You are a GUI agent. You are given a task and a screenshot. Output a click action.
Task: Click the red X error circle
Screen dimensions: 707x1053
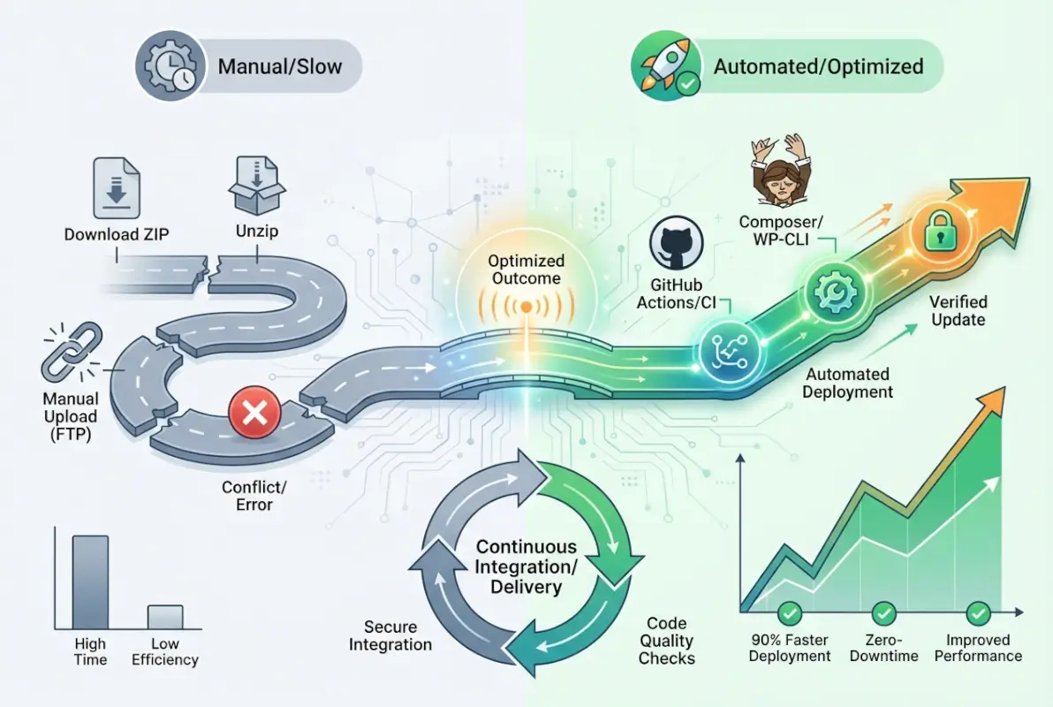(x=254, y=414)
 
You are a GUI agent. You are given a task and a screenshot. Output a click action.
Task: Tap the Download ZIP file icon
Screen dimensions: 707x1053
(x=117, y=188)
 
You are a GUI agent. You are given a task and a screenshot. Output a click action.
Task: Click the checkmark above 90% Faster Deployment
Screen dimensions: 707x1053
(x=788, y=613)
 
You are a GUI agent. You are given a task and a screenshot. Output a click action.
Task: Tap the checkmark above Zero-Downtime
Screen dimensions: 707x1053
(x=883, y=613)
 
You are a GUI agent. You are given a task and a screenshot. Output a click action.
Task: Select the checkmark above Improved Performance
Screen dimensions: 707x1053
(x=977, y=613)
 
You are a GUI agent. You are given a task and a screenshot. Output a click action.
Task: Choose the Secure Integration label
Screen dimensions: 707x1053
(x=390, y=635)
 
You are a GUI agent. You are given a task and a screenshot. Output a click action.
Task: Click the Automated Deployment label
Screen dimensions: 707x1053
(x=848, y=384)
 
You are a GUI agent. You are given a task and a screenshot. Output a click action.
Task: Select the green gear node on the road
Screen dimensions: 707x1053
(x=830, y=287)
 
